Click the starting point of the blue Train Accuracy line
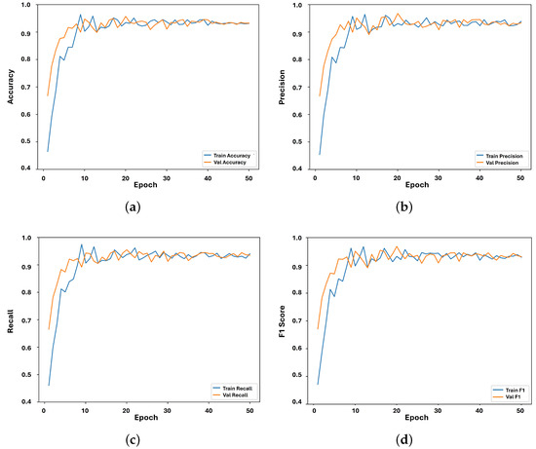pos(48,151)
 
